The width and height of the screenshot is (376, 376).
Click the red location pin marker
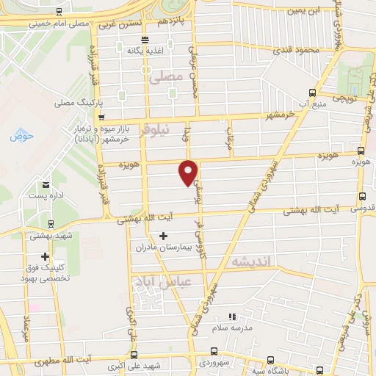[x=189, y=170]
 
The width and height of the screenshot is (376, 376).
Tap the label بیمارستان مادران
[x=163, y=247]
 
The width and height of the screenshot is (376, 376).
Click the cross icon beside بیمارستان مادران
[x=162, y=236]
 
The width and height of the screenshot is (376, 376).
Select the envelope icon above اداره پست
[x=46, y=184]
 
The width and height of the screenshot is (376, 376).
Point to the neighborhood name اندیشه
[x=251, y=261]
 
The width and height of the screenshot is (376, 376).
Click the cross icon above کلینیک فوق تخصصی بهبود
[x=46, y=256]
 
